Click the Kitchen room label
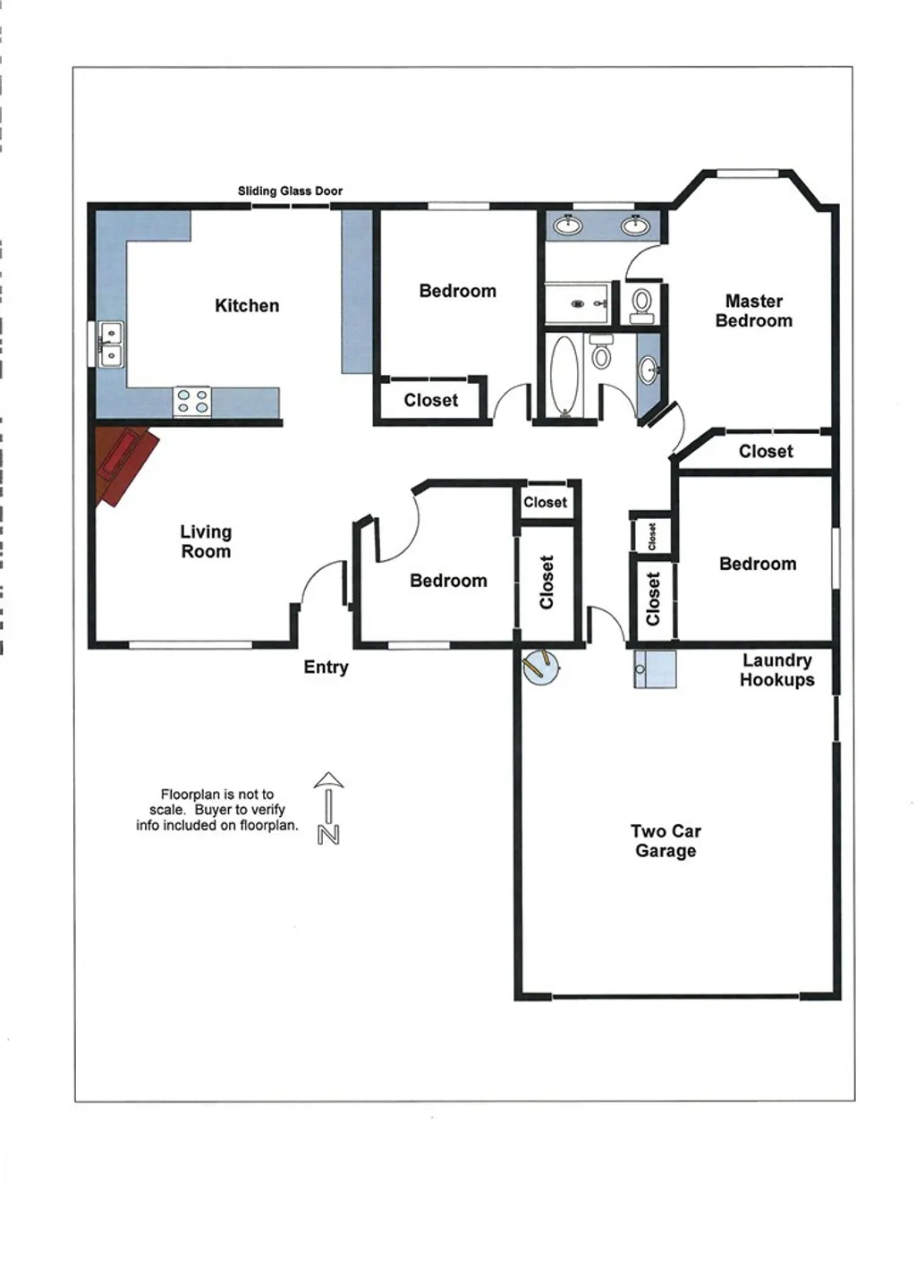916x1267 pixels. click(x=247, y=306)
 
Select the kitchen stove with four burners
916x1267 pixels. click(x=192, y=400)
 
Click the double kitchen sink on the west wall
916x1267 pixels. click(x=111, y=344)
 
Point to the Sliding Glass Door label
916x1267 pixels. click(x=290, y=191)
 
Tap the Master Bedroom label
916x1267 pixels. click(x=753, y=310)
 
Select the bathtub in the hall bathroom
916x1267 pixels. click(x=564, y=376)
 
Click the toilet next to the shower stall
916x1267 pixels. click(x=641, y=304)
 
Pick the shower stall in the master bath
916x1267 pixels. click(x=578, y=303)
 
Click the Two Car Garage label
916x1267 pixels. click(x=666, y=841)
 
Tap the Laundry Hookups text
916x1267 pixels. click(x=776, y=670)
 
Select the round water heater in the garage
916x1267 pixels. click(x=541, y=668)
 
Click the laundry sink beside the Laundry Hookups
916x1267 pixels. click(x=655, y=669)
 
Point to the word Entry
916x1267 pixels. click(x=326, y=668)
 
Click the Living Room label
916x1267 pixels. click(x=206, y=541)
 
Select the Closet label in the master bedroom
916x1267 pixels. click(x=766, y=452)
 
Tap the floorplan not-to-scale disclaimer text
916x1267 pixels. click(x=217, y=810)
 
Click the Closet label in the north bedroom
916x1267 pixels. click(x=430, y=401)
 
